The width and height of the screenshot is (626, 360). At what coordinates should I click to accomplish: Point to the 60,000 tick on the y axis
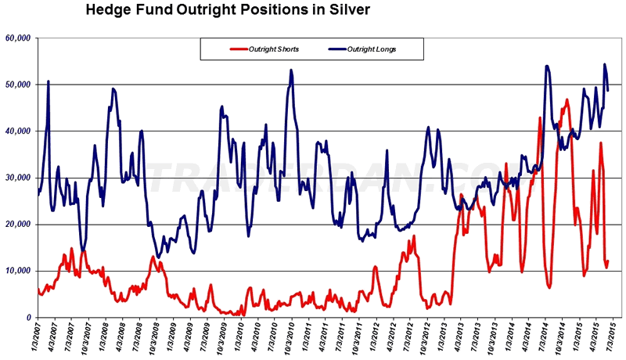17,38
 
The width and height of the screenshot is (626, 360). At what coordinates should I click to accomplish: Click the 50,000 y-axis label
17,85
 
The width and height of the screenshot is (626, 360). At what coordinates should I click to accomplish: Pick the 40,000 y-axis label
17,131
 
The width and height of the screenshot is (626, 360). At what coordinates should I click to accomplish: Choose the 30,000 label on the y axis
17,178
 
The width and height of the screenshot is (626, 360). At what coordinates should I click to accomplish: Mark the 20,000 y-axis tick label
17,225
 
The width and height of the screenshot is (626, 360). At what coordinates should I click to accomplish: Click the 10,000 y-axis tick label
17,271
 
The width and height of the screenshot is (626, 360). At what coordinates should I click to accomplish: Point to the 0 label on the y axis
27,318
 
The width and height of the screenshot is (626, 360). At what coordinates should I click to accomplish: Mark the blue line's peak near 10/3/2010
291,70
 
